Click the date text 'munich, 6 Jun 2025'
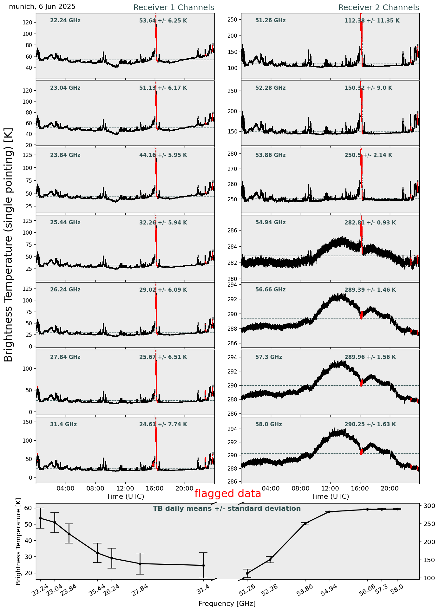click(42, 7)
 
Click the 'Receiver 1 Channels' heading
click(174, 8)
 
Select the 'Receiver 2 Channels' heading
click(378, 8)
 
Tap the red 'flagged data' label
click(227, 494)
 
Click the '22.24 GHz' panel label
click(65, 21)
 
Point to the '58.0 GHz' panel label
click(268, 424)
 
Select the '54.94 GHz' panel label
click(270, 223)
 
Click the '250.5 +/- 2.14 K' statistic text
click(368, 155)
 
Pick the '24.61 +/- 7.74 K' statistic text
click(163, 424)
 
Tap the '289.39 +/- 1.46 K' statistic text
click(370, 290)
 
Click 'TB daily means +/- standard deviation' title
click(227, 509)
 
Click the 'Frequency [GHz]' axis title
click(227, 603)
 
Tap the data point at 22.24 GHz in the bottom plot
click(40, 518)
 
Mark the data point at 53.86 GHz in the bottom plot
click(305, 523)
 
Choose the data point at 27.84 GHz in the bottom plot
click(140, 563)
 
